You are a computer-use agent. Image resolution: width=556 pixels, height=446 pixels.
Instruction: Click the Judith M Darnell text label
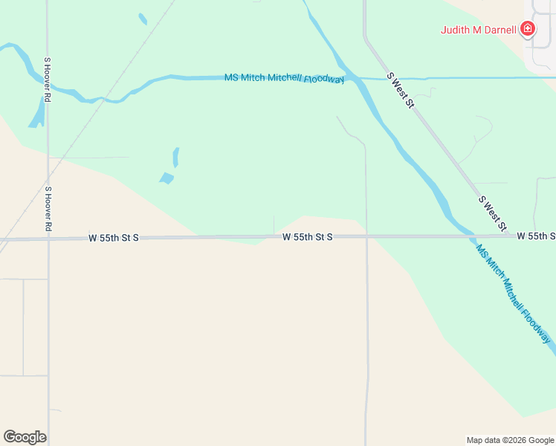click(x=478, y=30)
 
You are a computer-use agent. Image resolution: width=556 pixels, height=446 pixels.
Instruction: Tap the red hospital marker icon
click(x=528, y=29)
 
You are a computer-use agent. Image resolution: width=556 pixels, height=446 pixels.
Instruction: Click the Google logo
click(x=25, y=437)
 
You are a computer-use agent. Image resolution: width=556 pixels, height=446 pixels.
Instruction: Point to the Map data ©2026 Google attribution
click(x=510, y=440)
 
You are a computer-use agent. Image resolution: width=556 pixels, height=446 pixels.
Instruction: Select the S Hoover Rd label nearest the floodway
click(x=48, y=80)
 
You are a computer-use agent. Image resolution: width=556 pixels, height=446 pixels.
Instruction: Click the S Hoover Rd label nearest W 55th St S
click(x=48, y=207)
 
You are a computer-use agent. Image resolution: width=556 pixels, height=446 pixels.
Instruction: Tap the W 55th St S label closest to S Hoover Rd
click(x=114, y=238)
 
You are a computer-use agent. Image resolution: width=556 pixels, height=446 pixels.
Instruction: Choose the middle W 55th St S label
click(x=307, y=236)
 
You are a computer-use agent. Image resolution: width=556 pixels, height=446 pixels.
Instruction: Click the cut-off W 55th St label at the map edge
click(x=537, y=236)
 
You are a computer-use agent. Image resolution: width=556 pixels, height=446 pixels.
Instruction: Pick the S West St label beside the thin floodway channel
click(x=399, y=91)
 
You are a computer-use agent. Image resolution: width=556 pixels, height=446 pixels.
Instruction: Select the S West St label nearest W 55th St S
click(x=492, y=213)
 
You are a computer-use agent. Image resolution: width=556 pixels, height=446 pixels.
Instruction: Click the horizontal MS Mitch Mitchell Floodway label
click(x=285, y=78)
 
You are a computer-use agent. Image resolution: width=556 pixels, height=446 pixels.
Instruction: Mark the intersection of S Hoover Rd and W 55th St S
click(x=48, y=239)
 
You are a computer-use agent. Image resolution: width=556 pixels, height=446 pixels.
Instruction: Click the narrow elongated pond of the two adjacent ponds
click(x=176, y=157)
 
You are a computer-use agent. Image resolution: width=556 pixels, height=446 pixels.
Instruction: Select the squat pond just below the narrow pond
click(x=167, y=178)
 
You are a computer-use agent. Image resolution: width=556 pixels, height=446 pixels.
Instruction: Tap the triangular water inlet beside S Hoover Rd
click(x=36, y=115)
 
